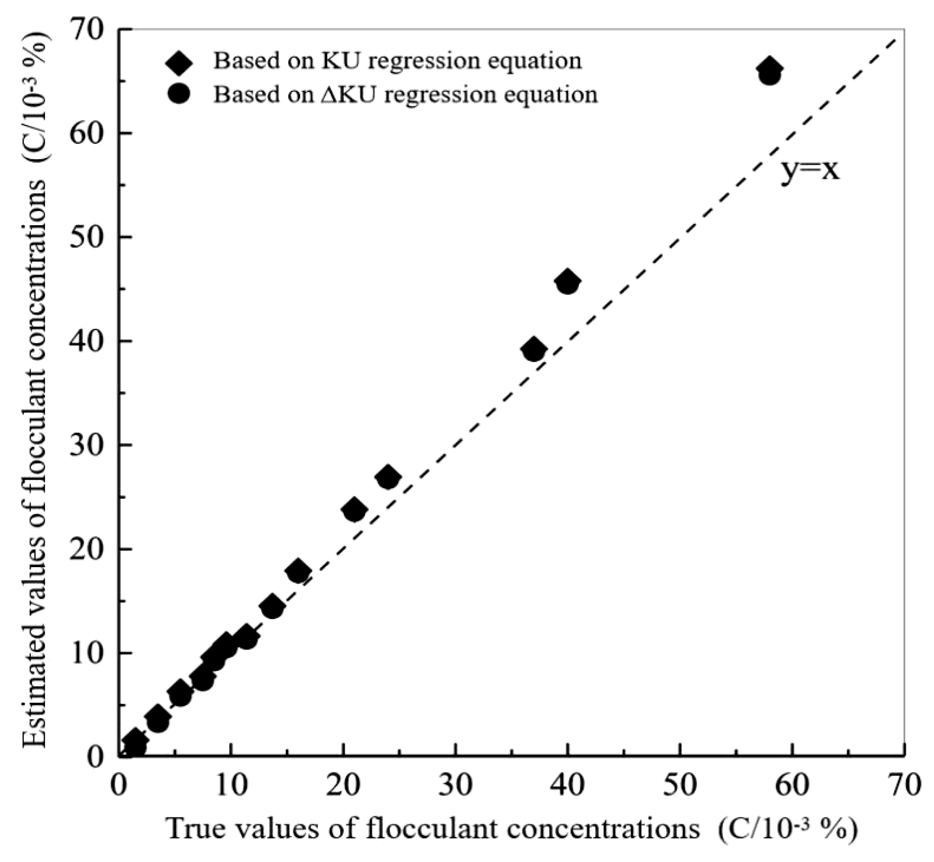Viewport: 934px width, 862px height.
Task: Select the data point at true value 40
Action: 567,282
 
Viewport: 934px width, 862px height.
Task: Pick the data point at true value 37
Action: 534,349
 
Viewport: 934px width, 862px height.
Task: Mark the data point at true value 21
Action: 354,510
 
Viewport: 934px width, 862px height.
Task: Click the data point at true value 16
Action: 298,571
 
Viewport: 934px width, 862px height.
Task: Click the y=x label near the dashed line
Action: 810,170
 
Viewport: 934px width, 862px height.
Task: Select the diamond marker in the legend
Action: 178,62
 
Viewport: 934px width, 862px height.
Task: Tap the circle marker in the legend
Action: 178,94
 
